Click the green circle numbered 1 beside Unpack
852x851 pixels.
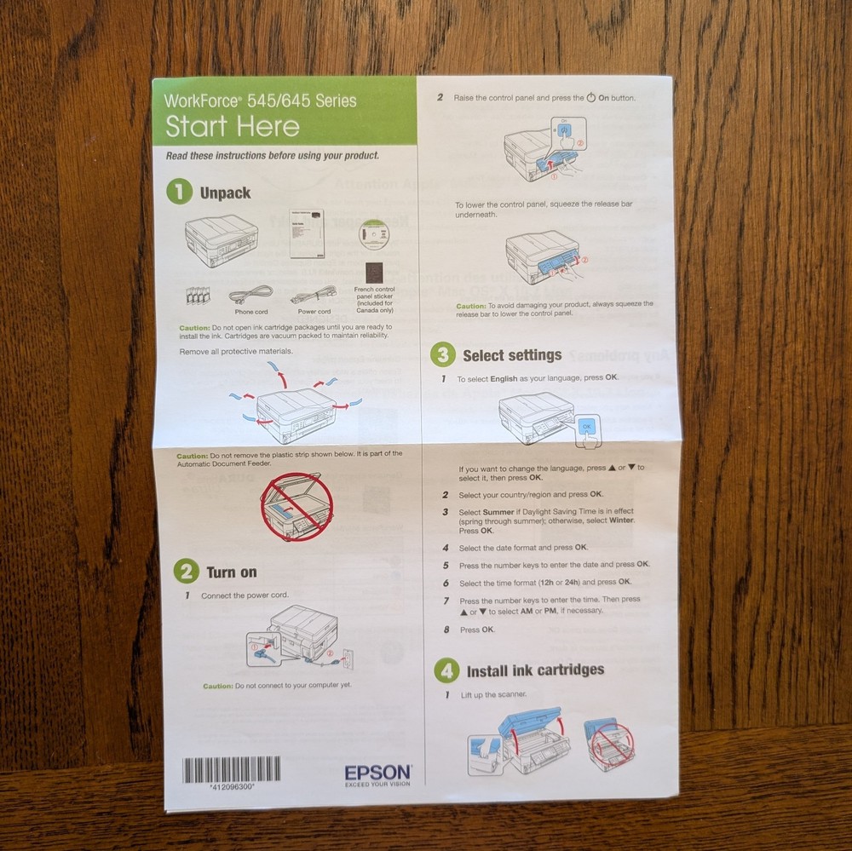click(179, 193)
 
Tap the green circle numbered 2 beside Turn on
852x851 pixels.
click(186, 572)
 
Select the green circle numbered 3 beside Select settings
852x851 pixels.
click(442, 355)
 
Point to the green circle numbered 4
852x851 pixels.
click(446, 670)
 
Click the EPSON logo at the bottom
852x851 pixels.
click(378, 773)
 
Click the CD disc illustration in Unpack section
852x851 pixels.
click(373, 235)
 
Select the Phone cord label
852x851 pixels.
click(251, 312)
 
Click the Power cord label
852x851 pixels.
click(314, 312)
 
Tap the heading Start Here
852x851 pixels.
click(233, 127)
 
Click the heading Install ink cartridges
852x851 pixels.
click(535, 670)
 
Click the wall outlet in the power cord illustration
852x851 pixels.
click(346, 657)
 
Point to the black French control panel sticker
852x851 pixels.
click(374, 274)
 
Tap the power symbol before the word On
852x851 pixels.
click(591, 98)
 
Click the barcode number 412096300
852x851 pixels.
click(232, 788)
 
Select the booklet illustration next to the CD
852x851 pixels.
click(307, 233)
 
